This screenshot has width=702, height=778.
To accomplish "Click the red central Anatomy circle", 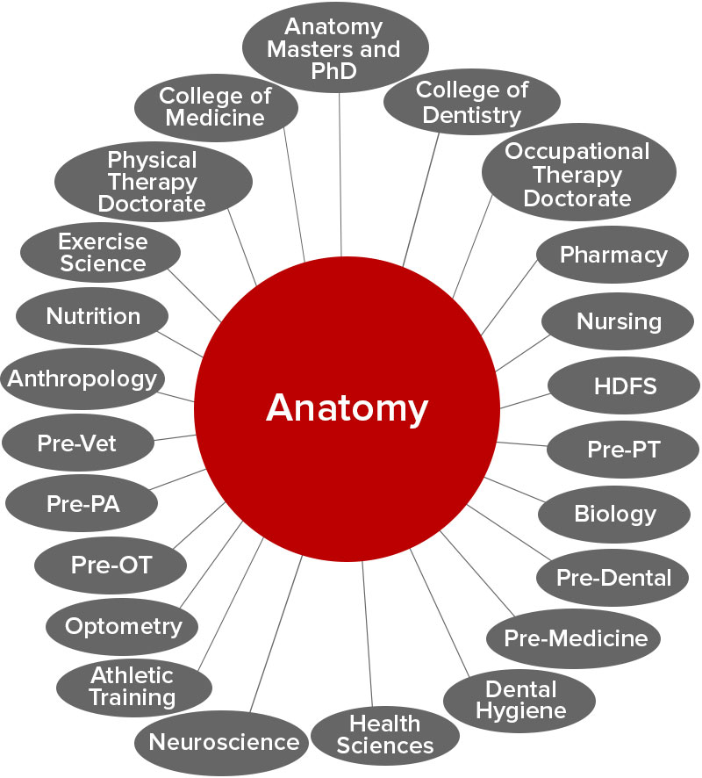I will coord(347,407).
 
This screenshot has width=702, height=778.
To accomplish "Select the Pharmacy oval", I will coord(613,256).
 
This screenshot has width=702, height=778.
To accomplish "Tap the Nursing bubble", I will coord(619,321).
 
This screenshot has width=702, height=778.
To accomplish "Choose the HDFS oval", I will coord(624,385).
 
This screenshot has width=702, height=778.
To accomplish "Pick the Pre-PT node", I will coord(623,450).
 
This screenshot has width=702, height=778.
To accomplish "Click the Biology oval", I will coord(614,514).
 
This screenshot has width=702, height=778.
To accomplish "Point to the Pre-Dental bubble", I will coord(613,578).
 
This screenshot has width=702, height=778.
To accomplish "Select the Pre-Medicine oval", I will coord(576,638).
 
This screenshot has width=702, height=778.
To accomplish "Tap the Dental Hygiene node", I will coord(520,699).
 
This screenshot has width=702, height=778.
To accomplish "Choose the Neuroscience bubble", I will coord(224,742).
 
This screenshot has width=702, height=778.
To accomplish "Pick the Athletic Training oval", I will coord(133,687).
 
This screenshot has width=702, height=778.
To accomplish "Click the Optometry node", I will coord(124,626).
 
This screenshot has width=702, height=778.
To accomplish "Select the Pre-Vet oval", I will coord(77,443).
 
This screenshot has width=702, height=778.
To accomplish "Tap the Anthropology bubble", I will coord(82,379).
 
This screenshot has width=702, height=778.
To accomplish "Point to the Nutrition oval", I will coord(93,316).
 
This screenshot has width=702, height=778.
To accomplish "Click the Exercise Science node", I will coord(101,252).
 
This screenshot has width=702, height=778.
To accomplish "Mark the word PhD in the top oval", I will coord(335,72).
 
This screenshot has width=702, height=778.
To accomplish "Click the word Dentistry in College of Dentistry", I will coord(471,115).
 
